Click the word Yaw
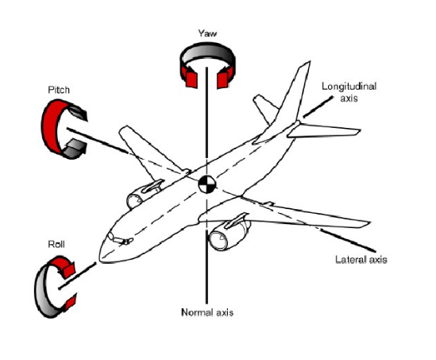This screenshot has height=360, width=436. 207,33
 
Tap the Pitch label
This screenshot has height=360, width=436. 59,90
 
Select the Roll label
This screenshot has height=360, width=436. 56,244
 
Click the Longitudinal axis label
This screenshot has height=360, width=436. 349,92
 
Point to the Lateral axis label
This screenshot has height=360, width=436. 361,259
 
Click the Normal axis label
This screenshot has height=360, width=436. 207,312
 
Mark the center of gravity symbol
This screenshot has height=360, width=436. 207,184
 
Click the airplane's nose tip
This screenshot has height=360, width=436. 101,259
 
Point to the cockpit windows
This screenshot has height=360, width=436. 120,240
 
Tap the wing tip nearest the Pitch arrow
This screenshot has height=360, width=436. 123,129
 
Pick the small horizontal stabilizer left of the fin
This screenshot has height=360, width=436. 265,108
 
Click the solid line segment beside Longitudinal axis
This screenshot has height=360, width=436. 318,106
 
